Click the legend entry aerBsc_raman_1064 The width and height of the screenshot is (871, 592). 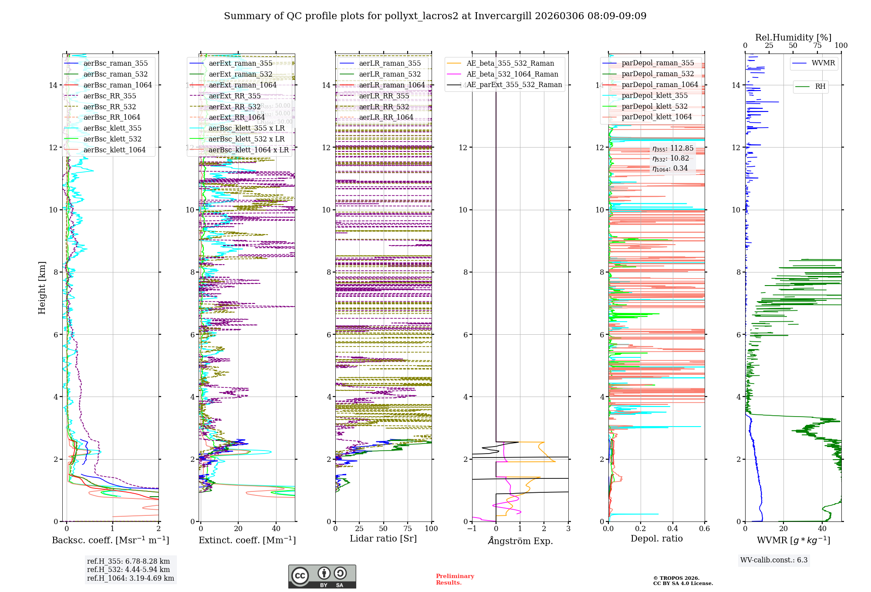click(x=118, y=85)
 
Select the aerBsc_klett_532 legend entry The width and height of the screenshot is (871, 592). click(x=112, y=139)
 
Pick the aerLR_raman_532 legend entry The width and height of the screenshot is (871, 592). click(x=390, y=74)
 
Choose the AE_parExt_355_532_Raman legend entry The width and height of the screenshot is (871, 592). click(x=514, y=84)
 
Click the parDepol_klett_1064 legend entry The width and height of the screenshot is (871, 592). click(x=656, y=117)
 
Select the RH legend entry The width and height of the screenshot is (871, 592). click(x=820, y=86)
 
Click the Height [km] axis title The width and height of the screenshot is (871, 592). click(x=42, y=288)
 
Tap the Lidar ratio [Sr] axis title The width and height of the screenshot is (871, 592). click(x=383, y=538)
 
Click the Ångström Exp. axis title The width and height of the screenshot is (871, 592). click(x=520, y=541)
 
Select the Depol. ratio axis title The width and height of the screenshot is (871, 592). click(x=656, y=538)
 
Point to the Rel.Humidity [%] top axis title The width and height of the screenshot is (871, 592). click(x=793, y=37)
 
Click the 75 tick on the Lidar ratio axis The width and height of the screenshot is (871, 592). click(x=408, y=528)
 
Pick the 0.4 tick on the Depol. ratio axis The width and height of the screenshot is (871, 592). click(x=672, y=528)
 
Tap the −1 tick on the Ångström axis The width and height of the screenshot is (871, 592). click(x=472, y=528)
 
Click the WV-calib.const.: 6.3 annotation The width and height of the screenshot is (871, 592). click(x=774, y=560)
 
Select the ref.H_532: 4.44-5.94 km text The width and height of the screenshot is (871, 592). click(x=128, y=569)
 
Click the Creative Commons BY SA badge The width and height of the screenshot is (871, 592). click(x=322, y=576)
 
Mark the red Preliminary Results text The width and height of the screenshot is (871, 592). click(x=455, y=579)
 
